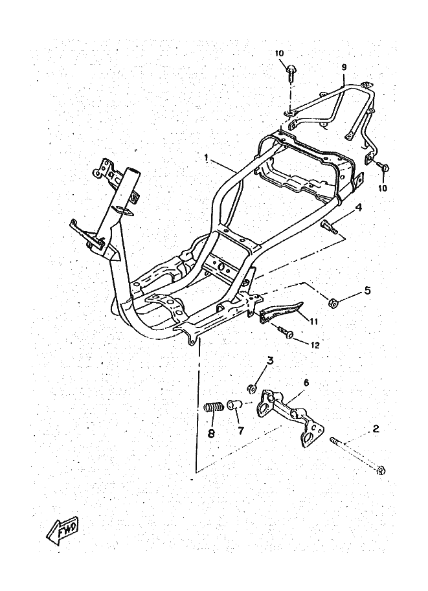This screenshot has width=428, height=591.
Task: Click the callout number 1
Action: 206,157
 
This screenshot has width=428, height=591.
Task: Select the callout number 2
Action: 374,429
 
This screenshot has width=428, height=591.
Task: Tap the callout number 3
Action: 271,361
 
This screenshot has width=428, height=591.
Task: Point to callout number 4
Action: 357,208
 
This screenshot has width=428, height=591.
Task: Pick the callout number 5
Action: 367,290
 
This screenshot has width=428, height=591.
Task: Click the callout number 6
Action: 306,383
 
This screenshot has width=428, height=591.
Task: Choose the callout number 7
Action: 240,430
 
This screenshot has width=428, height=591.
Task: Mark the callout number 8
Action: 211,434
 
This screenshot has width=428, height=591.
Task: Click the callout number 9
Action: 344,67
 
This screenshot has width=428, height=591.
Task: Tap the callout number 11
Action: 314,321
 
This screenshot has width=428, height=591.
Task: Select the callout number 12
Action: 315,345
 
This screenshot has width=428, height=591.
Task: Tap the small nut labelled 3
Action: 251,389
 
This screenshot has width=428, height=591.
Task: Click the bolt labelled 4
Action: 330,226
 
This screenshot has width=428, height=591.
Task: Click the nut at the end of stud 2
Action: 381,471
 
